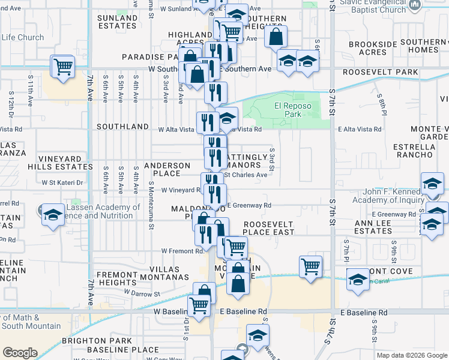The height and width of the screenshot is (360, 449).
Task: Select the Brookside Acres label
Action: pyautogui.click(x=376, y=48)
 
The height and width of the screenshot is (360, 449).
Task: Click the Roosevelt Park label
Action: pyautogui.click(x=381, y=72)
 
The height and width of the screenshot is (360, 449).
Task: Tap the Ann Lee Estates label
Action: pyautogui.click(x=390, y=226)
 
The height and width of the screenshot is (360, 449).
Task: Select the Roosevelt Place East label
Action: pyautogui.click(x=268, y=228)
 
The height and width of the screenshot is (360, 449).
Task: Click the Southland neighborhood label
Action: pyautogui.click(x=122, y=127)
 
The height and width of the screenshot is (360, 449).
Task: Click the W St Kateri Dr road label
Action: pyautogui.click(x=62, y=182)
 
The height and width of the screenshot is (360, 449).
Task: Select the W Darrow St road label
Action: pyautogui.click(x=142, y=294)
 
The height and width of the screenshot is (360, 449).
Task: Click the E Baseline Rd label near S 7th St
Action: pyautogui.click(x=363, y=313)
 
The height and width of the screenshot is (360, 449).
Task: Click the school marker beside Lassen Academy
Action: pyautogui.click(x=53, y=214)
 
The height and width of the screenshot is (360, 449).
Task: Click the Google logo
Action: pyautogui.click(x=20, y=353)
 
